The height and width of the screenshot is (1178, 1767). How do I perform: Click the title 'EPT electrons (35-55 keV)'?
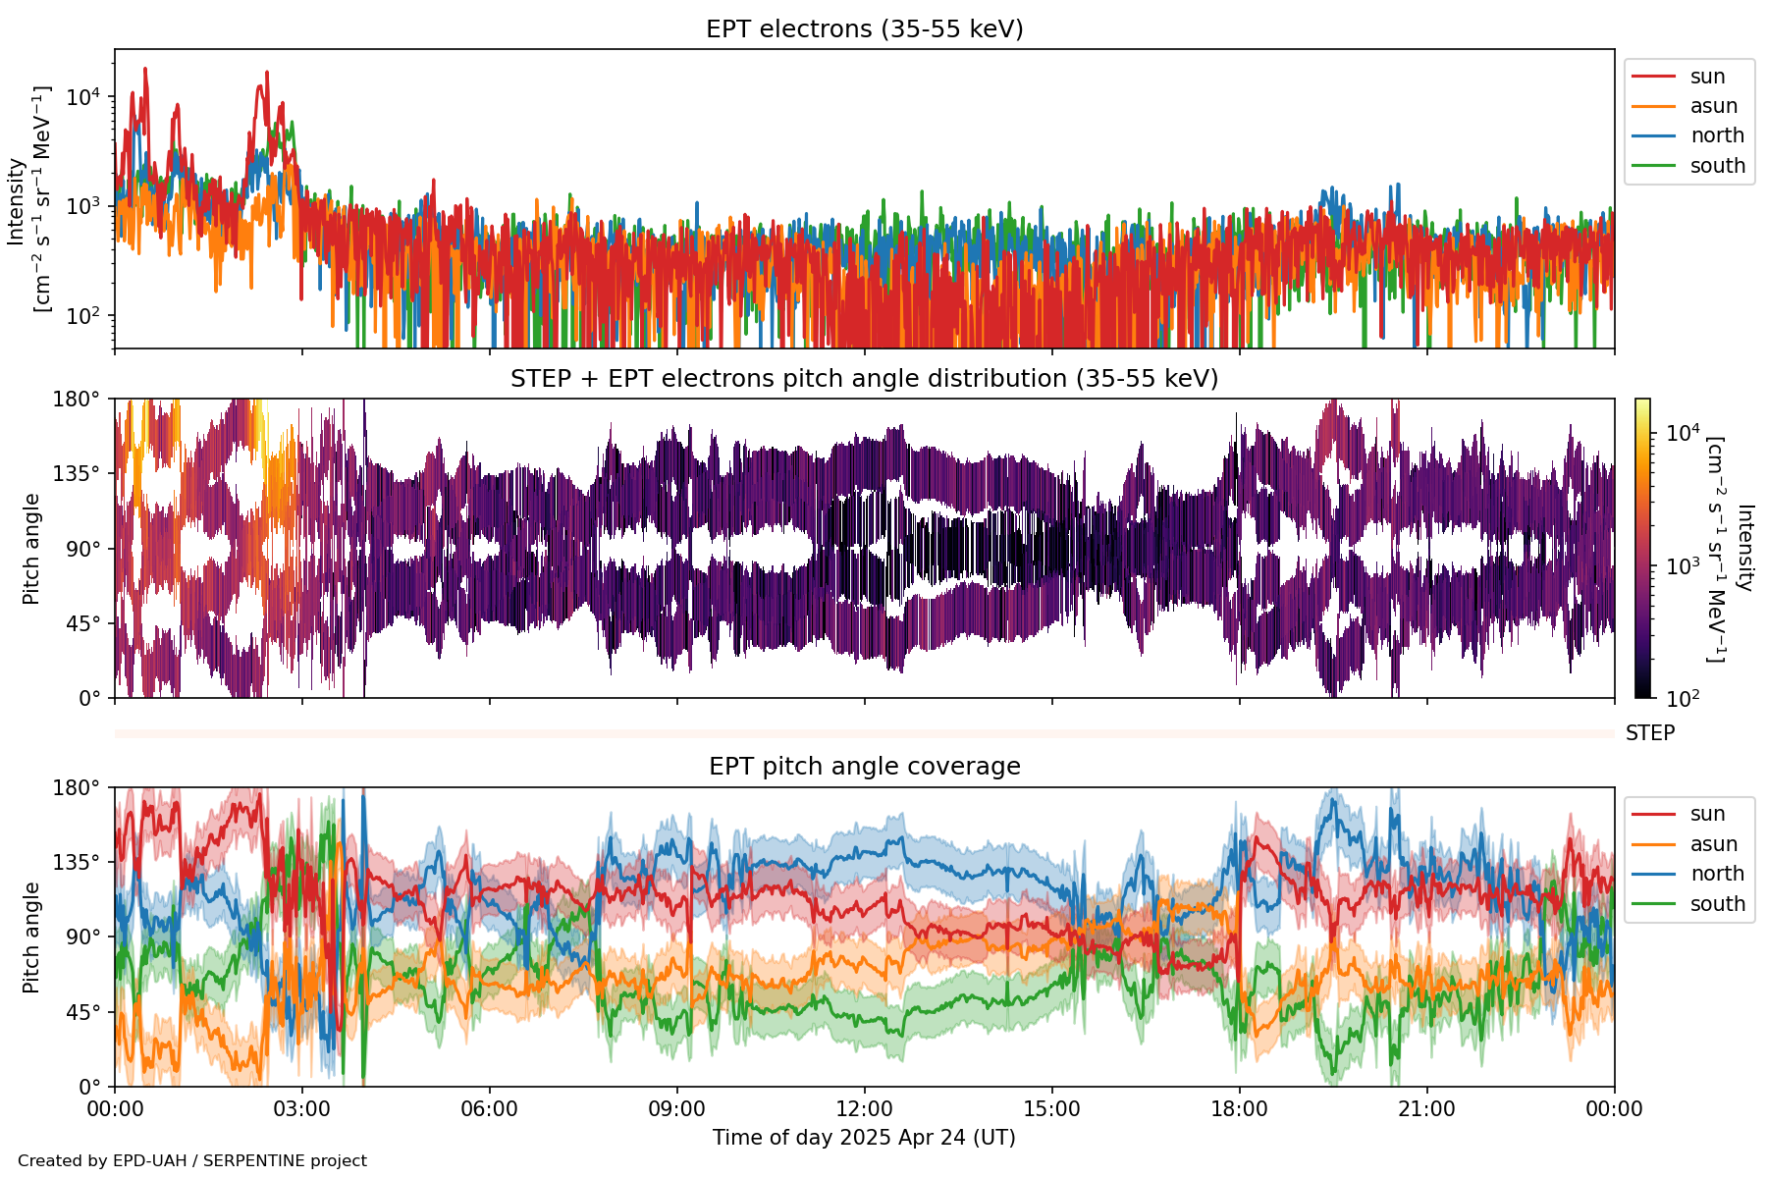point(864,29)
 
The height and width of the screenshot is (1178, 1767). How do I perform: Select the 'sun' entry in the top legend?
point(1707,77)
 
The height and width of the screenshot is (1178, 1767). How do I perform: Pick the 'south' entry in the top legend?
point(1717,166)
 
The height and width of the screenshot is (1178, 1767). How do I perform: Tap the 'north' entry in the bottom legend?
point(1717,874)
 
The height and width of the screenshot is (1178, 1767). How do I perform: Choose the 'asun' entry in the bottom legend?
point(1713,844)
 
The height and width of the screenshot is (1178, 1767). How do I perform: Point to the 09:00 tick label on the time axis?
point(677,1109)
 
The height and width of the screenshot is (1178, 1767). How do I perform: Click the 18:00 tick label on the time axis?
point(1240,1109)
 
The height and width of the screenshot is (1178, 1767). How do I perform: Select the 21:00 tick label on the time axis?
point(1426,1109)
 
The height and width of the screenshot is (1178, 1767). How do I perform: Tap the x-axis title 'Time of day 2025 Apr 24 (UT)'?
point(864,1138)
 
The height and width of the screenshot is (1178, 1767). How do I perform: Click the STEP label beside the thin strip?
point(1650,733)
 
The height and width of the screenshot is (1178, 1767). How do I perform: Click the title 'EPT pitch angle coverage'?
point(864,767)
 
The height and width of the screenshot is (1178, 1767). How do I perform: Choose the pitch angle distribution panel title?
point(864,379)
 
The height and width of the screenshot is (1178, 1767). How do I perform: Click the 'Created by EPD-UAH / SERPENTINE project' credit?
point(192,1161)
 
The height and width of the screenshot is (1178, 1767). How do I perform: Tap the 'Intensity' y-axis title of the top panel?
point(16,201)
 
